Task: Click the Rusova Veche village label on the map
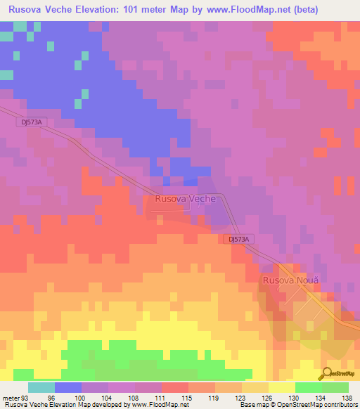coord(184,199)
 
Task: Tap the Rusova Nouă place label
coord(290,280)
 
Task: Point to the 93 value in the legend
coord(25,397)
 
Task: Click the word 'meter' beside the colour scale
coord(11,397)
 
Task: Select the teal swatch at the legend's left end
coord(41,387)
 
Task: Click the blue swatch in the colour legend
coord(68,387)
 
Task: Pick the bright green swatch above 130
coord(308,387)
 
